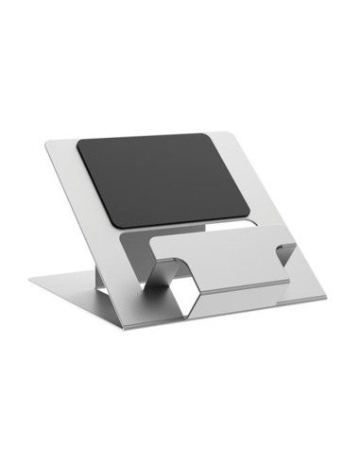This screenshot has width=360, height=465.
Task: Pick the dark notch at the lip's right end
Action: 284,250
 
